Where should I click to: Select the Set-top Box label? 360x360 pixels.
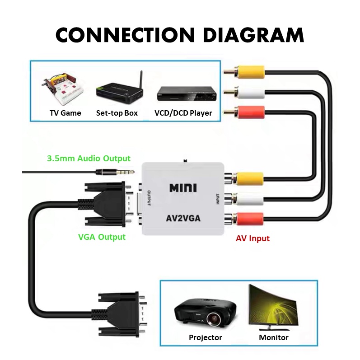tap(117, 113)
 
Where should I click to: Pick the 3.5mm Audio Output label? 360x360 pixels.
tap(89, 159)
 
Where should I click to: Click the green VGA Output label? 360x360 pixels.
tap(102, 237)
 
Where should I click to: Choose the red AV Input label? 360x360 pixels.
tap(252, 238)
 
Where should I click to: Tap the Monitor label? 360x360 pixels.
tap(274, 337)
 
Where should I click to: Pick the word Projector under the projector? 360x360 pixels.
tap(206, 337)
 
